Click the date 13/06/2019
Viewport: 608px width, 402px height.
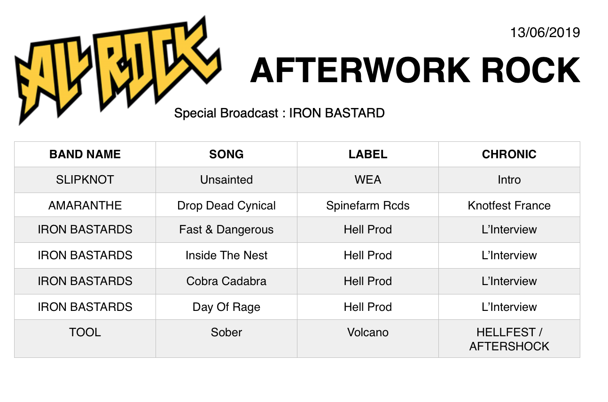click(545, 32)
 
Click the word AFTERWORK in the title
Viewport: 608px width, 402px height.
click(360, 70)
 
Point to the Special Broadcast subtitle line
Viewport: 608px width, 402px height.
click(279, 113)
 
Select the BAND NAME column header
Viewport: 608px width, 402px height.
click(85, 155)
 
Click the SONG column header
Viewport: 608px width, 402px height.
click(226, 155)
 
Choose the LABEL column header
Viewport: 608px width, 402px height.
click(368, 155)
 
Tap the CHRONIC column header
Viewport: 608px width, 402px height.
click(509, 155)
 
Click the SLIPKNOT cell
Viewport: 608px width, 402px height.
click(85, 180)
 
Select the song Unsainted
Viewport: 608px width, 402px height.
click(226, 180)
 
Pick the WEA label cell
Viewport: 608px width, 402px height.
click(368, 180)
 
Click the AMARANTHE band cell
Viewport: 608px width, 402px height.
click(85, 205)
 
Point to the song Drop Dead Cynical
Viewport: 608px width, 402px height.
click(226, 206)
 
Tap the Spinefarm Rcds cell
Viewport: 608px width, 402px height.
click(368, 206)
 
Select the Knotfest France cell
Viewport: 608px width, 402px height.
click(509, 205)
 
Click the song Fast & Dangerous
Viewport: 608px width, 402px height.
click(226, 230)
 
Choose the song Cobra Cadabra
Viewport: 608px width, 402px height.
click(226, 281)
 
